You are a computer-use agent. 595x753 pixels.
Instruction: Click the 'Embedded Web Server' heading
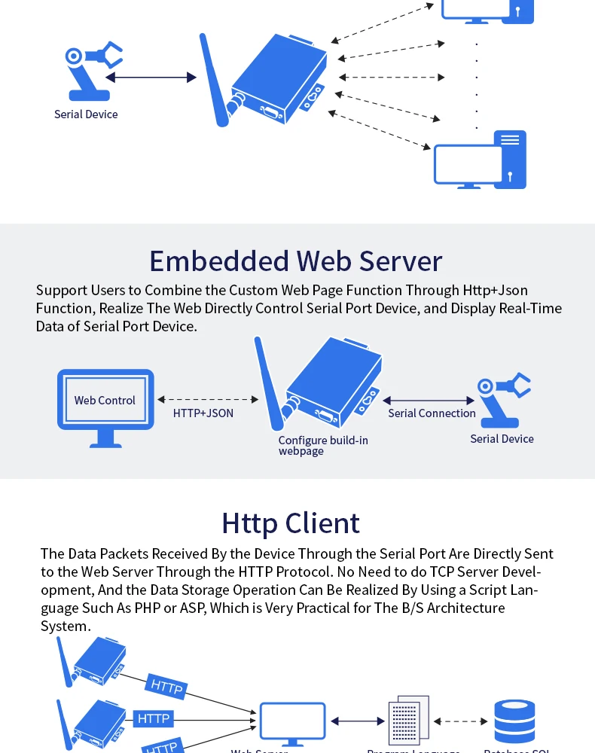[295, 261]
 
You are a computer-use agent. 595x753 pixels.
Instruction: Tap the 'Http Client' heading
[291, 523]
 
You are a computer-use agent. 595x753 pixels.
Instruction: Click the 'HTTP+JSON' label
[203, 413]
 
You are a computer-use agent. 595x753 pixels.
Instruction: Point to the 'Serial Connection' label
[432, 413]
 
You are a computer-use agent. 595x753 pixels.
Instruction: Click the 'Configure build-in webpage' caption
[322, 445]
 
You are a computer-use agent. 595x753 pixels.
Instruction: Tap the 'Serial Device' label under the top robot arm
[86, 114]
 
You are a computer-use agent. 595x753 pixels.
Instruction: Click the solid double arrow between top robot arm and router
[151, 77]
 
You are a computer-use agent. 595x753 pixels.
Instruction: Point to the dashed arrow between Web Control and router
[208, 400]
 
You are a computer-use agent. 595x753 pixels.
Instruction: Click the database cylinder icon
[514, 721]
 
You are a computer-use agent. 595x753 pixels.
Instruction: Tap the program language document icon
[407, 721]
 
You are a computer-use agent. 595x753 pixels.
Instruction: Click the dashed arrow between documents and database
[461, 721]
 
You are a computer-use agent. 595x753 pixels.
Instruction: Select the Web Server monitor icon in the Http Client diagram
[292, 722]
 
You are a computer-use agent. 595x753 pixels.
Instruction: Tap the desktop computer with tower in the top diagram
[480, 160]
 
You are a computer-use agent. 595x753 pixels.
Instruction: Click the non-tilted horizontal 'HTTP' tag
[154, 719]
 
